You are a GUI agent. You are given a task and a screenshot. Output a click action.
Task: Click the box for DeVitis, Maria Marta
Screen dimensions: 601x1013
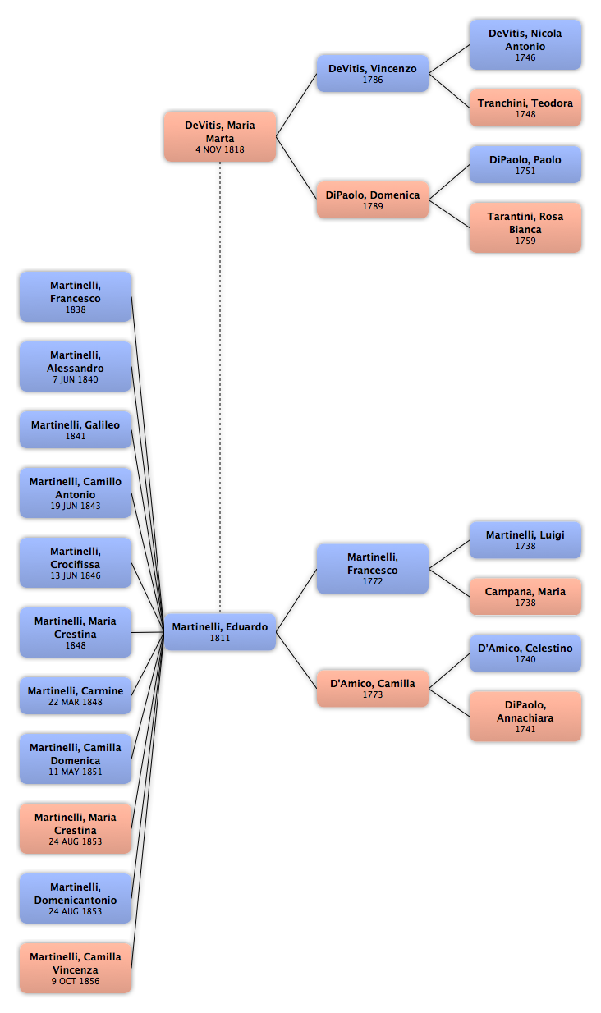tap(220, 136)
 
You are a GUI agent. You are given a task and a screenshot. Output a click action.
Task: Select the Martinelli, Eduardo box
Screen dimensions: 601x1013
tap(220, 632)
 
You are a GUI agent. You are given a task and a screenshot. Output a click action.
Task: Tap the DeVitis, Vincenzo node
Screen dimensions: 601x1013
tap(372, 73)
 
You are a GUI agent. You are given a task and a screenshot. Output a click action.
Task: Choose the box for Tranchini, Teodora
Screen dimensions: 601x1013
tap(525, 108)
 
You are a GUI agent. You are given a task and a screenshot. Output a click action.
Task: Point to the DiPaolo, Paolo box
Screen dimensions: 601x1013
tap(525, 164)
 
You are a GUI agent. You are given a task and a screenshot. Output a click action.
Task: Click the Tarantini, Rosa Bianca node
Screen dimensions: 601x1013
tap(525, 227)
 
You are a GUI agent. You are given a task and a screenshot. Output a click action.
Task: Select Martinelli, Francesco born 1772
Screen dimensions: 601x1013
tap(372, 568)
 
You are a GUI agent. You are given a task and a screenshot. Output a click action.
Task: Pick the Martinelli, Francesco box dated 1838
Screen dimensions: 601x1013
tap(76, 296)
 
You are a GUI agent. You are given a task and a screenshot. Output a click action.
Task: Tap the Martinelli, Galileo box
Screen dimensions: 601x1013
tap(76, 429)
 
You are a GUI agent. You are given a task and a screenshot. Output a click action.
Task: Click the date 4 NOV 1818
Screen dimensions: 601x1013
tap(220, 149)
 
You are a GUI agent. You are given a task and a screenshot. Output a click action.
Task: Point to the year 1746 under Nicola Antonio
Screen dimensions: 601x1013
tap(525, 58)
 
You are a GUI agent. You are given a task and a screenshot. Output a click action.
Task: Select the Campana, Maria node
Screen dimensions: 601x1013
tap(525, 596)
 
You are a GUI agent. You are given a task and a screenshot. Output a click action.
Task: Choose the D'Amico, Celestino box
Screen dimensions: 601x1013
tap(525, 653)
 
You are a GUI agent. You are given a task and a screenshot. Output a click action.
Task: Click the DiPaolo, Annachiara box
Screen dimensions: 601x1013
tap(525, 716)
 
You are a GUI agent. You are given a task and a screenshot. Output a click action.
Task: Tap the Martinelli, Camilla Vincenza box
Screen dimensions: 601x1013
tap(76, 968)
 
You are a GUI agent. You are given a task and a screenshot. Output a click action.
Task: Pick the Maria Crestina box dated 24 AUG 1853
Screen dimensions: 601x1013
tap(76, 828)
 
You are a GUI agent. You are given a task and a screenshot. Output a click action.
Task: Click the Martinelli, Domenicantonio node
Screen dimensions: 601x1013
tap(76, 898)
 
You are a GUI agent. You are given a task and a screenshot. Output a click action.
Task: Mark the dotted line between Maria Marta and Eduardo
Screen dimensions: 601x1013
tap(220, 387)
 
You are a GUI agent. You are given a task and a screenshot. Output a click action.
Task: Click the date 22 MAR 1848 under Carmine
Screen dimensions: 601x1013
tap(76, 703)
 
